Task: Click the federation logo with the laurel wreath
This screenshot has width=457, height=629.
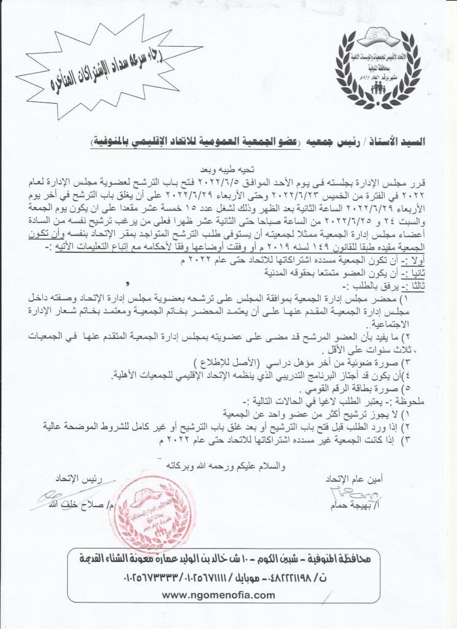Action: point(378,68)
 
